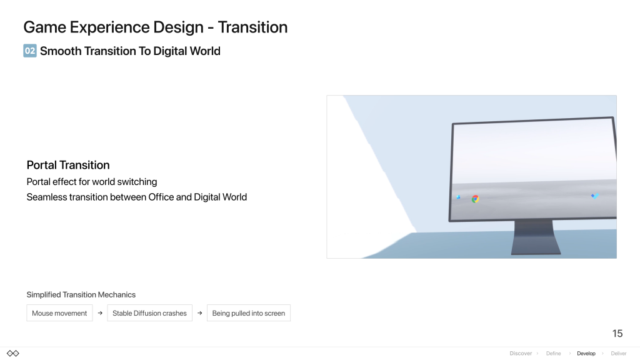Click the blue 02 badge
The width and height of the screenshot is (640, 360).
point(30,51)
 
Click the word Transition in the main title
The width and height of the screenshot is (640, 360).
point(252,27)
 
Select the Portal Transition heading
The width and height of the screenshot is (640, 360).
point(68,165)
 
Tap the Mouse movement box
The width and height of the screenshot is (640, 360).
point(59,313)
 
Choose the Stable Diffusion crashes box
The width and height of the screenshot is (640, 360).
point(149,313)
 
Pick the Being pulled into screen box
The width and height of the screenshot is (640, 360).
point(249,313)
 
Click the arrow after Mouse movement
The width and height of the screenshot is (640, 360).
point(100,313)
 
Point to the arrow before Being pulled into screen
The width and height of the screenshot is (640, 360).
point(199,313)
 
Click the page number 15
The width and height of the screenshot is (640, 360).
point(617,334)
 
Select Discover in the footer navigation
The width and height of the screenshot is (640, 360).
point(521,354)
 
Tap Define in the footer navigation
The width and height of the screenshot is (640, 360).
point(554,354)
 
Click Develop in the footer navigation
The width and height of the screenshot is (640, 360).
point(586,354)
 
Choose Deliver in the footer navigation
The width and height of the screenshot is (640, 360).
point(618,354)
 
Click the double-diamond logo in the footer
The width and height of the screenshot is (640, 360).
point(13,354)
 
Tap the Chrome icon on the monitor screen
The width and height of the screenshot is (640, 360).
point(475,199)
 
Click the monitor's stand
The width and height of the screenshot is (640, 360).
point(536,237)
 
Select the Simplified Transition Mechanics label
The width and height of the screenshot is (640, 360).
point(81,295)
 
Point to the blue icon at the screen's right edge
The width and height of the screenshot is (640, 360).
point(595,196)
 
